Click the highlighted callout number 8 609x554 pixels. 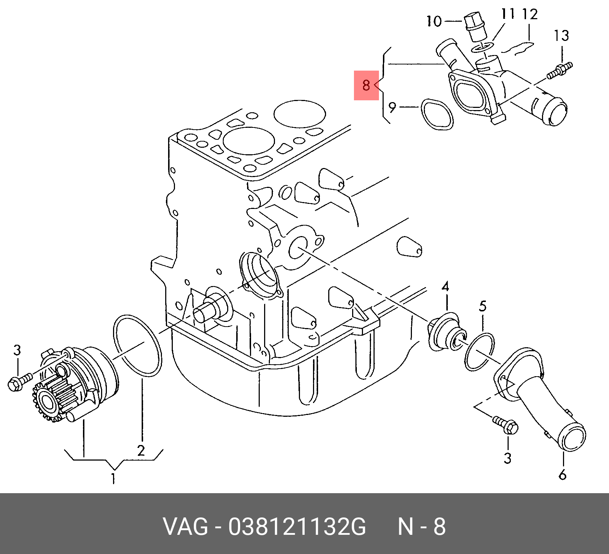[366, 85]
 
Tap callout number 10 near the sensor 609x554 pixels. [434, 21]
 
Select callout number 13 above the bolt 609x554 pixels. [561, 36]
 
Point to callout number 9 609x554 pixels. [392, 107]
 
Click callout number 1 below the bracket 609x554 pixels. [113, 478]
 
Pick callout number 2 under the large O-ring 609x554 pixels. [141, 450]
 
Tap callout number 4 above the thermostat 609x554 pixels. [445, 287]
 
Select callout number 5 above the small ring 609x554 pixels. [483, 306]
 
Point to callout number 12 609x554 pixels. [530, 14]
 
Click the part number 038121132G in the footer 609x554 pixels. [297, 526]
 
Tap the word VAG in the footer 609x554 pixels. [185, 526]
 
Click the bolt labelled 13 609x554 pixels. [559, 71]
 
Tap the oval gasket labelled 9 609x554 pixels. [437, 114]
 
